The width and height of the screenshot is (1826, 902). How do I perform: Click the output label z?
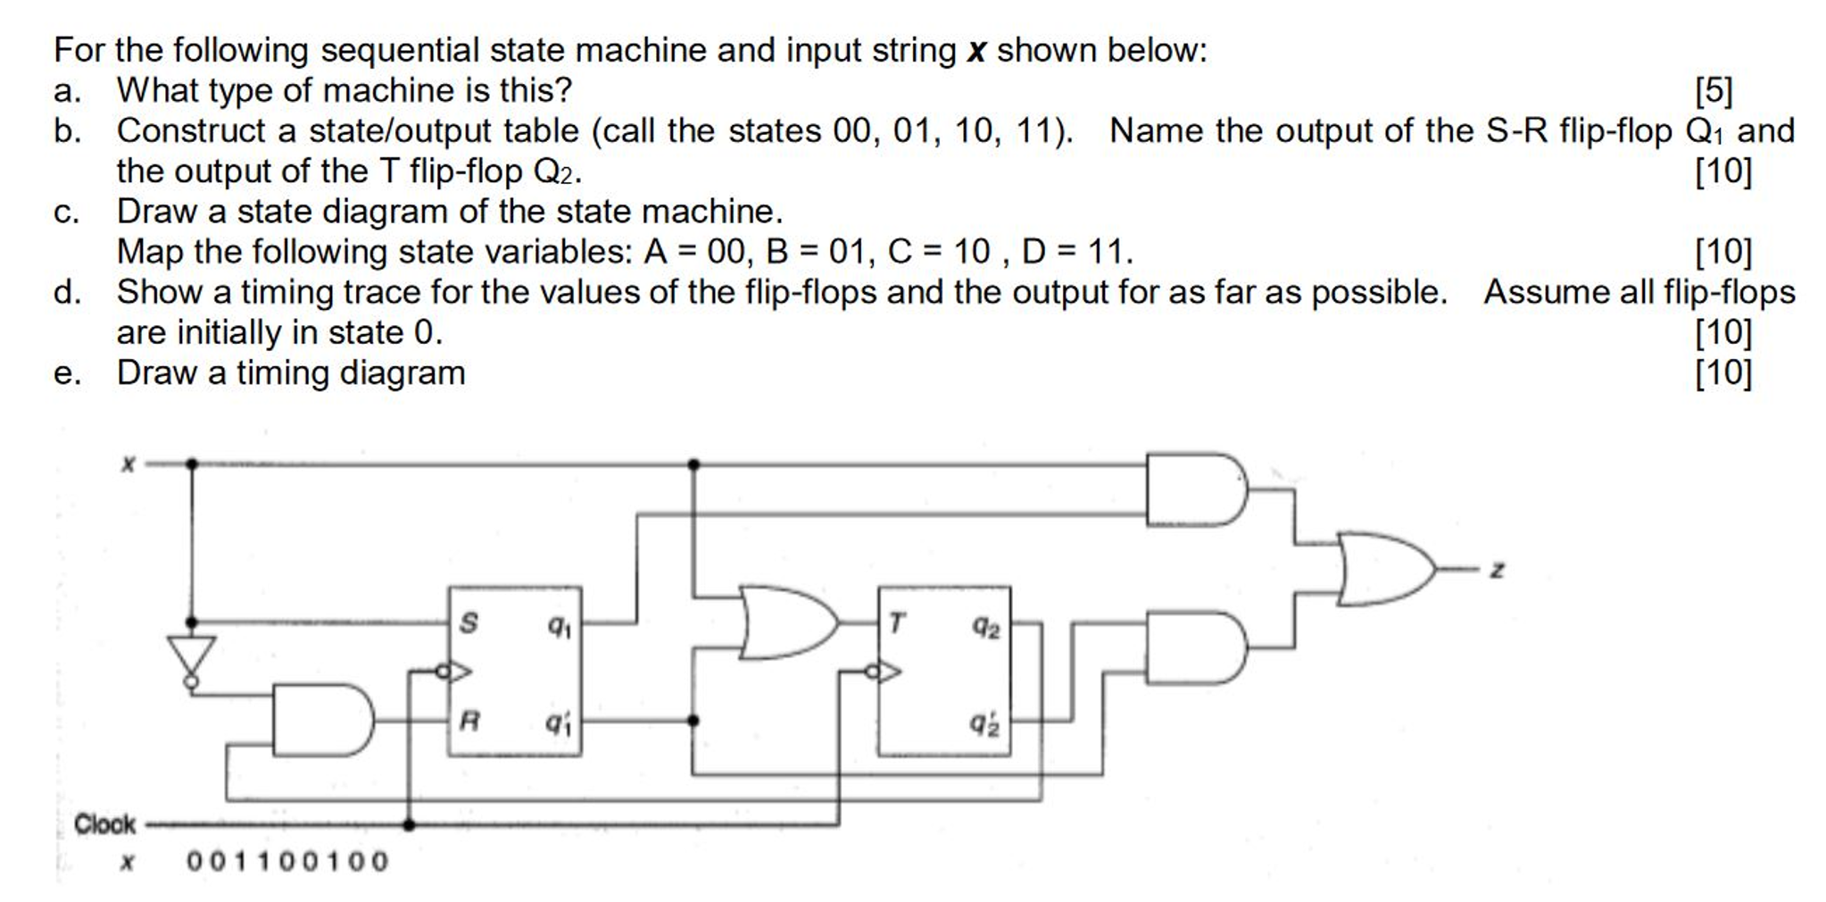tap(1498, 569)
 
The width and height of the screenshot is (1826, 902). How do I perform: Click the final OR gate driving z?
tap(1384, 569)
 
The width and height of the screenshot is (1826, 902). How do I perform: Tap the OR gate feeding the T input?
tap(786, 622)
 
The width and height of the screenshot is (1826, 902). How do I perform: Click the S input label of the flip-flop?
tap(469, 622)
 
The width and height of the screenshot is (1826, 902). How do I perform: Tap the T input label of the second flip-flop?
tap(897, 622)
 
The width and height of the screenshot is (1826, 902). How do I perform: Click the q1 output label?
tap(560, 627)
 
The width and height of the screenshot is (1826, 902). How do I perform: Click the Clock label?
tap(104, 823)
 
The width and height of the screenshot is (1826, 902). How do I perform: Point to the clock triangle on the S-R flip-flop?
tap(457, 671)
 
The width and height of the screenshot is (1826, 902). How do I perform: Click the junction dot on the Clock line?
tap(409, 824)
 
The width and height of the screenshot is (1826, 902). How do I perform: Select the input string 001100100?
tap(287, 861)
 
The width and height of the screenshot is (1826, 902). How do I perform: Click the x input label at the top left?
tap(128, 464)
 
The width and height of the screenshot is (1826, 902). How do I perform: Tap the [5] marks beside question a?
tap(1714, 90)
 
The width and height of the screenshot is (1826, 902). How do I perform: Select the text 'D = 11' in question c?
tap(1075, 252)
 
